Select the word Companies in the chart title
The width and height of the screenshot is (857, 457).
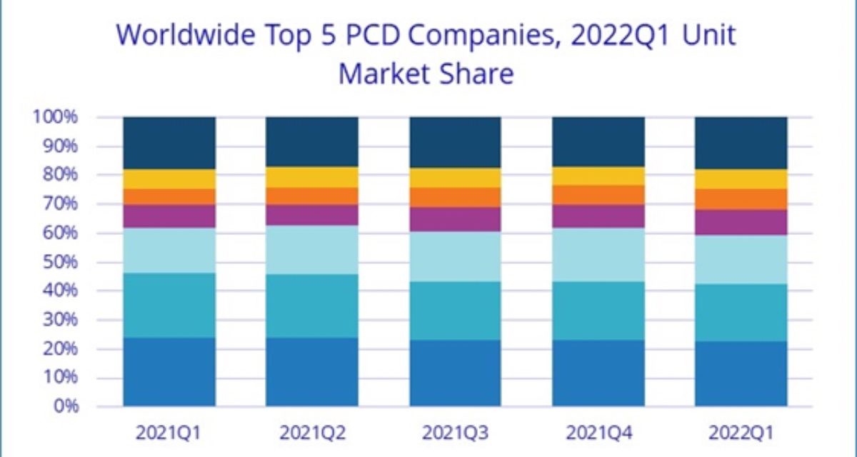click(x=503, y=34)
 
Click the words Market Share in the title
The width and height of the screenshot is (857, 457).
click(x=426, y=73)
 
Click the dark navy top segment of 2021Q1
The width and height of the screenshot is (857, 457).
click(x=169, y=143)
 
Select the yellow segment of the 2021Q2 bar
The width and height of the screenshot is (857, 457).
click(x=312, y=177)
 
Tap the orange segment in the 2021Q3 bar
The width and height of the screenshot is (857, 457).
click(x=455, y=197)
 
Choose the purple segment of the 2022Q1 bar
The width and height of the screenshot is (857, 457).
click(x=741, y=222)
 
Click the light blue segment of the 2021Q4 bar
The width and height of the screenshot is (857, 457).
click(x=598, y=254)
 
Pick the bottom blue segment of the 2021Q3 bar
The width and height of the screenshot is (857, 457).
click(x=455, y=373)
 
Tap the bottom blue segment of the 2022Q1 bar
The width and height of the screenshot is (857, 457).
click(x=741, y=373)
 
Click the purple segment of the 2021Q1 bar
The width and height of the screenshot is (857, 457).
click(x=169, y=216)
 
